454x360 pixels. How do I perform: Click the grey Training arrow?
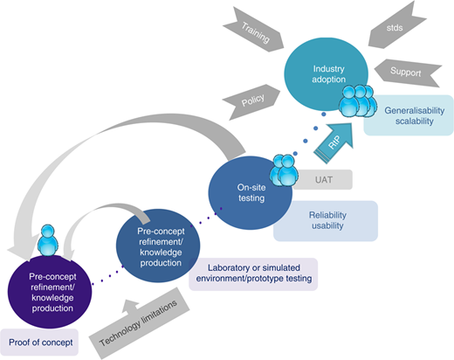(254, 31)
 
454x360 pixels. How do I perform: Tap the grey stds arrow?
(396, 26)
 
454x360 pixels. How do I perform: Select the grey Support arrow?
(408, 73)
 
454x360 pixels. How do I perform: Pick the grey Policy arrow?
(252, 101)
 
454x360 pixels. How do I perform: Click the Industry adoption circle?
(327, 74)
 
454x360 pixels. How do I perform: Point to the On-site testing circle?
(251, 193)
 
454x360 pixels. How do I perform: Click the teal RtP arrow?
(334, 142)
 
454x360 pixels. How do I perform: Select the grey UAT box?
(323, 180)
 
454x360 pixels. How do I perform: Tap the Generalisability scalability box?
(409, 115)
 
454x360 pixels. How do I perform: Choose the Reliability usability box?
(326, 221)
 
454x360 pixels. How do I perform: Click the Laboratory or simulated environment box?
(253, 274)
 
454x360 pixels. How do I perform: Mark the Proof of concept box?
(39, 343)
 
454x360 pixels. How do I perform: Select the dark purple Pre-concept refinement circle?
(50, 292)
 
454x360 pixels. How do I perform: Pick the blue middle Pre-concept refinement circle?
(158, 246)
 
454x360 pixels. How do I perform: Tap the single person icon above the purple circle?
(47, 240)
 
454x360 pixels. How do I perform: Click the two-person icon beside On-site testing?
(284, 170)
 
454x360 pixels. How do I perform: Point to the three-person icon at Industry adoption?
(358, 101)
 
